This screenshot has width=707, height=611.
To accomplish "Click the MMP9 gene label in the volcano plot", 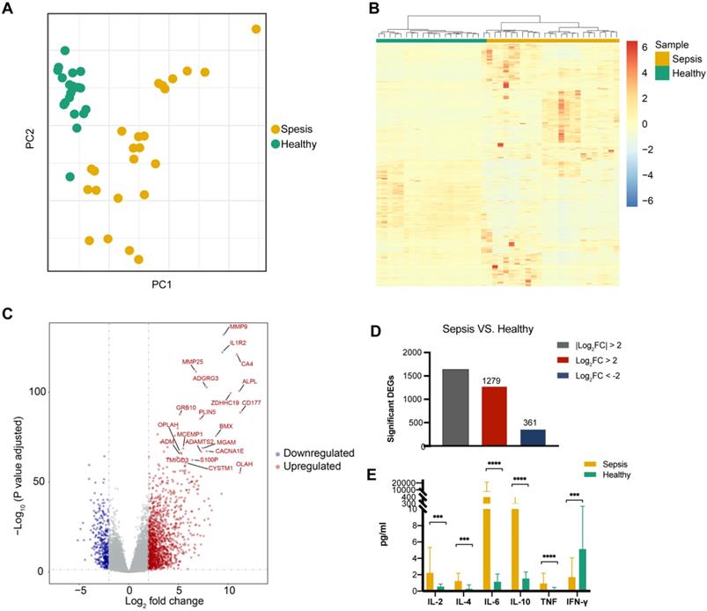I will click(239, 327).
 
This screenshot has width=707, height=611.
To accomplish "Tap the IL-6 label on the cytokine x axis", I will click(490, 600).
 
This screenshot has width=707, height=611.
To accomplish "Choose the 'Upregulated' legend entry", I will click(310, 465).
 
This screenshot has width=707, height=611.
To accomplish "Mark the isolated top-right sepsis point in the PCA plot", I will click(256, 30).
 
